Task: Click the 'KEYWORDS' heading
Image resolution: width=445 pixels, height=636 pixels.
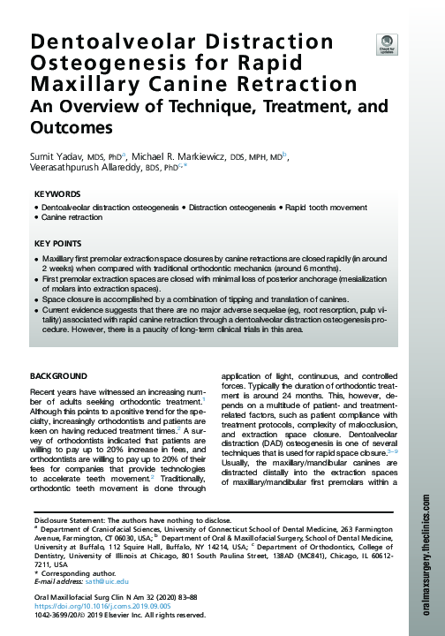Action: pyautogui.click(x=57, y=193)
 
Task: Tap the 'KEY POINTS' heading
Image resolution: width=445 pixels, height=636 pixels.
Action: pyautogui.click(x=59, y=242)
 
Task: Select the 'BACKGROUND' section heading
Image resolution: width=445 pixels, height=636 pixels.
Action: pyautogui.click(x=59, y=375)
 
